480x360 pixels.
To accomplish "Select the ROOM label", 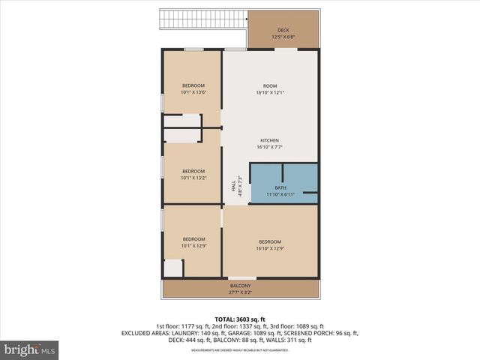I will coord(269,86).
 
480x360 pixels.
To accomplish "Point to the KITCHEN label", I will coord(269,141).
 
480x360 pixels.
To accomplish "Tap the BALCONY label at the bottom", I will coord(240,286).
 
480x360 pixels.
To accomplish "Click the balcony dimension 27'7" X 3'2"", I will coord(240,292).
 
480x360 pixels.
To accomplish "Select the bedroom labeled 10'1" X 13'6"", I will coord(193,89).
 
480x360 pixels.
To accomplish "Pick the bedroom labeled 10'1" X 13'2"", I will coord(193,175).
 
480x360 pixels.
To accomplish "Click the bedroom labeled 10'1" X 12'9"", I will coord(193,242).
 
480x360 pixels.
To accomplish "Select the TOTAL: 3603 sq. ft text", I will coord(240,319).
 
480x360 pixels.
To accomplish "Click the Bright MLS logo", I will coord(30,349).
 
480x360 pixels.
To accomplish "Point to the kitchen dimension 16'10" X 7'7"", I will coord(269,147).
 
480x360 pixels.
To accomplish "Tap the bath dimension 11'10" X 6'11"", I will coord(280,194).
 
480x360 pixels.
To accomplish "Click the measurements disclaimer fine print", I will coord(240,350).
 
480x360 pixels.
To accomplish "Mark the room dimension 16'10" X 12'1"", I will coord(269,92).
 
